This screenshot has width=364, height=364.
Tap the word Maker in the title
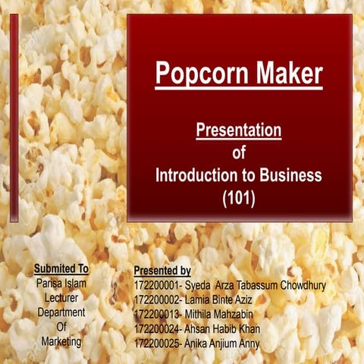tap(288, 74)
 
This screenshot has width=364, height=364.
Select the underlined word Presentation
tap(239, 130)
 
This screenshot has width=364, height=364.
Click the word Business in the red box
tap(285, 175)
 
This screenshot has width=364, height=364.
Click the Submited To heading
tap(61, 269)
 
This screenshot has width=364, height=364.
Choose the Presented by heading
tap(162, 271)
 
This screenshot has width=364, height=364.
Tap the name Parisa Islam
tap(61, 283)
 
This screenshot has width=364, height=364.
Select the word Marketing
tap(61, 341)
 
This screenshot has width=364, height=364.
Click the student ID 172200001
tap(158, 286)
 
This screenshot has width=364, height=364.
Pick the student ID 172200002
tap(158, 300)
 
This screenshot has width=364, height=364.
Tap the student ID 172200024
tap(158, 329)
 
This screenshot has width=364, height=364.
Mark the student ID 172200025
tap(158, 344)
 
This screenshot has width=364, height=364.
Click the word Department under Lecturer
tap(61, 312)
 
